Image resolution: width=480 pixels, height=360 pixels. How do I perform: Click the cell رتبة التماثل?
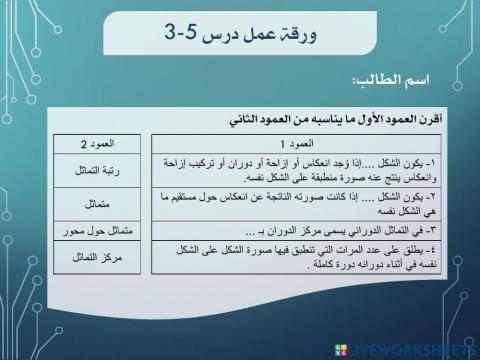pyautogui.click(x=99, y=172)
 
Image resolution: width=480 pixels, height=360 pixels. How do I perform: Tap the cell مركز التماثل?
pyautogui.click(x=99, y=258)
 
